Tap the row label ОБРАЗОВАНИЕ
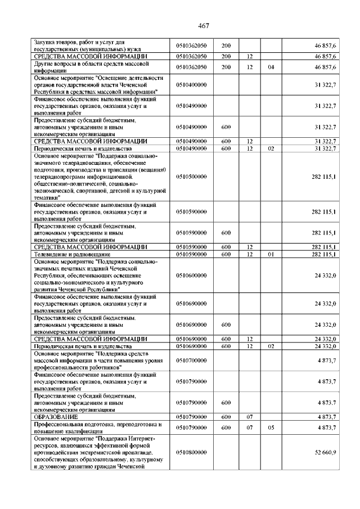point(56,417)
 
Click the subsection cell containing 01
point(271,255)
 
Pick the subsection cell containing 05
point(271,427)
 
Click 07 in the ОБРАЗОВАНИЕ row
point(249,417)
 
